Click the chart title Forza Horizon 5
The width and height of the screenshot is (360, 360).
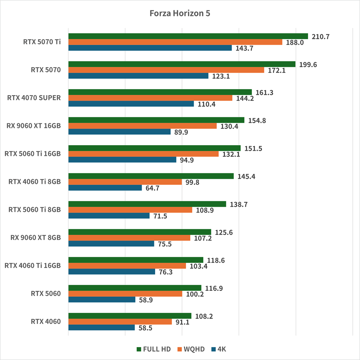tap(180, 13)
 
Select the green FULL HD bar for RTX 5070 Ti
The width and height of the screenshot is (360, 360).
tap(188, 36)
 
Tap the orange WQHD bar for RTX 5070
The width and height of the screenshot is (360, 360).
tap(166, 70)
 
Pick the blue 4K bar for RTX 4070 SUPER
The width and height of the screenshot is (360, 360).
tap(131, 104)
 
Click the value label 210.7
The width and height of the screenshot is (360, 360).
tap(320, 36)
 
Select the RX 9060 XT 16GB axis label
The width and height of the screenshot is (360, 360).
tap(34, 126)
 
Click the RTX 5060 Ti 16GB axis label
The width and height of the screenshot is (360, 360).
tap(32, 154)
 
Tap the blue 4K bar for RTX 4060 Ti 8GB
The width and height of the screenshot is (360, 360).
tap(105, 188)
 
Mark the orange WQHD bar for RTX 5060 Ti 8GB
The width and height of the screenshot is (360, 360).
tap(130, 210)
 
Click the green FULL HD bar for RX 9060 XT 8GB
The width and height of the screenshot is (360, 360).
tap(140, 232)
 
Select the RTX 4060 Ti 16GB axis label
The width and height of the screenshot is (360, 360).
tap(32, 266)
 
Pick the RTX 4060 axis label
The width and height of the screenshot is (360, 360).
tap(46, 322)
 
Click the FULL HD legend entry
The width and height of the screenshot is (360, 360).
tap(154, 349)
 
